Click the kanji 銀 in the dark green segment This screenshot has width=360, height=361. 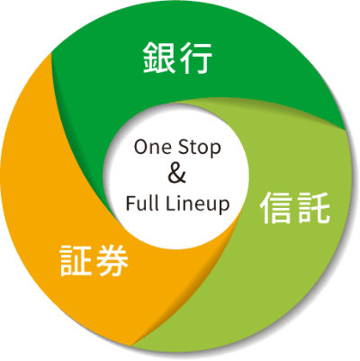click(x=158, y=58)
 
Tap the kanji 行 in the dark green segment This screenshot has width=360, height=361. click(x=195, y=58)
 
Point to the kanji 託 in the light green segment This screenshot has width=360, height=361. click(x=313, y=208)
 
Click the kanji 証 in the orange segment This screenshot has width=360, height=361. click(x=76, y=260)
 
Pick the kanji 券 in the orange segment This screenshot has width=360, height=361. click(x=112, y=260)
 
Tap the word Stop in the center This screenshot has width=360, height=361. click(x=199, y=149)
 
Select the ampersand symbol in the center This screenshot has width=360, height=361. click(x=176, y=175)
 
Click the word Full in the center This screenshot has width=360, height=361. click(x=142, y=203)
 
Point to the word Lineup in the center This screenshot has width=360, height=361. click(x=197, y=204)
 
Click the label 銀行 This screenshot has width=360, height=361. click(x=177, y=58)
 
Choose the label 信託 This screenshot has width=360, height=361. click(x=295, y=208)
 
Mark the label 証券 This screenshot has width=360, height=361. click(x=94, y=260)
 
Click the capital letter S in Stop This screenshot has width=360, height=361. click(x=183, y=148)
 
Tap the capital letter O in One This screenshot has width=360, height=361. click(x=140, y=148)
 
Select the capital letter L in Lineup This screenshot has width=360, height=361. click(x=170, y=203)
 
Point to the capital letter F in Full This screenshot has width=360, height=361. click(x=130, y=203)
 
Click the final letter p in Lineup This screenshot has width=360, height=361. click(x=224, y=207)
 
